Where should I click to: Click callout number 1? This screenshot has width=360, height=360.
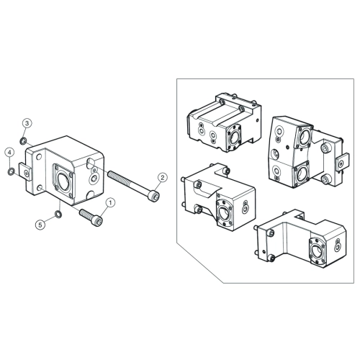coord(110,203)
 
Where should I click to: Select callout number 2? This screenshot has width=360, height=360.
coord(163,178)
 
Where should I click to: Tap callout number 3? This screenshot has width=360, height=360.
coord(27,123)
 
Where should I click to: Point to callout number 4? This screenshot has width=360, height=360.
coord(10,152)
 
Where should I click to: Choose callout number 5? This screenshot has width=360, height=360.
coord(40,225)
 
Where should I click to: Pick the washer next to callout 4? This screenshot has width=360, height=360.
coord(11,171)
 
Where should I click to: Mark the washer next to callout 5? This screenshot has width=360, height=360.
coord(58,214)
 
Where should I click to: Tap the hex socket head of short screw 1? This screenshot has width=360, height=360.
coord(97,220)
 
